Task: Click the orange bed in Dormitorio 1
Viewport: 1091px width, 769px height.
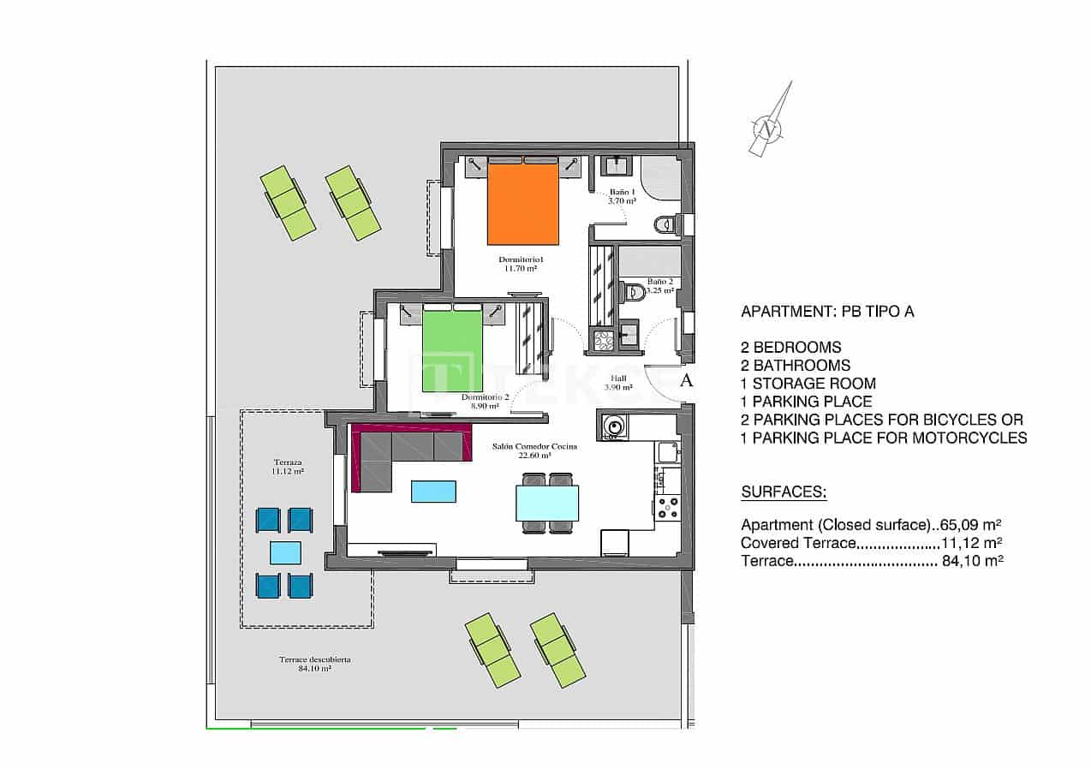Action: point(523,204)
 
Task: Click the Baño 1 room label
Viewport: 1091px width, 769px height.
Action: point(622,196)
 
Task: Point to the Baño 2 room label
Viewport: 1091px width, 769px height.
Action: point(659,285)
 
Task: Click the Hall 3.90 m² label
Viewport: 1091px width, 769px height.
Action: point(618,383)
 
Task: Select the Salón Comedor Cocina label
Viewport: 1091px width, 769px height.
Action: point(534,451)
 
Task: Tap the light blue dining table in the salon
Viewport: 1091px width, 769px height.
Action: point(546,503)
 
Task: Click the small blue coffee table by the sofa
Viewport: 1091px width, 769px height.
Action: point(433,491)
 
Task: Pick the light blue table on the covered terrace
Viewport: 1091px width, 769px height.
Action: point(285,552)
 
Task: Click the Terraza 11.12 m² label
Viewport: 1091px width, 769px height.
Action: point(288,467)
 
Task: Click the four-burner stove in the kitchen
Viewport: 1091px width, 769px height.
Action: point(667,506)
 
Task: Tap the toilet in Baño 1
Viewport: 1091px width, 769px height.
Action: point(665,224)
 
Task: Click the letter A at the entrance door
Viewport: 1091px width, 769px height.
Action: point(685,381)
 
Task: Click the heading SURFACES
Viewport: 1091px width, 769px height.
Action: point(783,492)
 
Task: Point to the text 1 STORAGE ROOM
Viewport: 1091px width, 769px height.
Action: point(808,384)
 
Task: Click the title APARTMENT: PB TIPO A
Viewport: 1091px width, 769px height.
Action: point(826,312)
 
